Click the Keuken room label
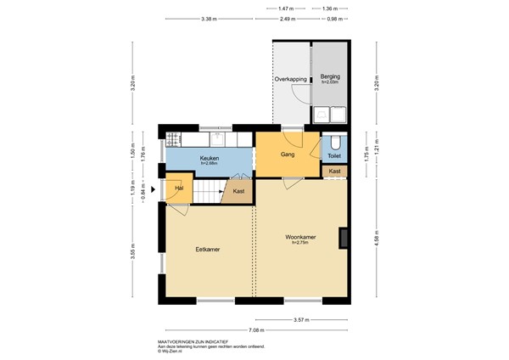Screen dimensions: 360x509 pyautogui.click(x=210, y=159)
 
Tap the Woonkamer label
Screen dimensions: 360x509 pyautogui.click(x=300, y=240)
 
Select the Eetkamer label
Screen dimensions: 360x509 pyautogui.click(x=208, y=249)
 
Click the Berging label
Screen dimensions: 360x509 pyautogui.click(x=328, y=76)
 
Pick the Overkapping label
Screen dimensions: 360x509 pyautogui.click(x=291, y=79)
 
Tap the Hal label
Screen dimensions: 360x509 pyautogui.click(x=179, y=188)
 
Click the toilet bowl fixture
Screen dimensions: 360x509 pyautogui.click(x=335, y=141)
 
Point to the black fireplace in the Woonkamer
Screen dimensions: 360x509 pyautogui.click(x=344, y=238)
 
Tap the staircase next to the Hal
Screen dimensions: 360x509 pyautogui.click(x=209, y=191)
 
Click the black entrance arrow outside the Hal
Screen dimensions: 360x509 pyautogui.click(x=153, y=189)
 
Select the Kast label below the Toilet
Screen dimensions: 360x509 pyautogui.click(x=334, y=172)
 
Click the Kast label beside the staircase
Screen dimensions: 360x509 pyautogui.click(x=239, y=191)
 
